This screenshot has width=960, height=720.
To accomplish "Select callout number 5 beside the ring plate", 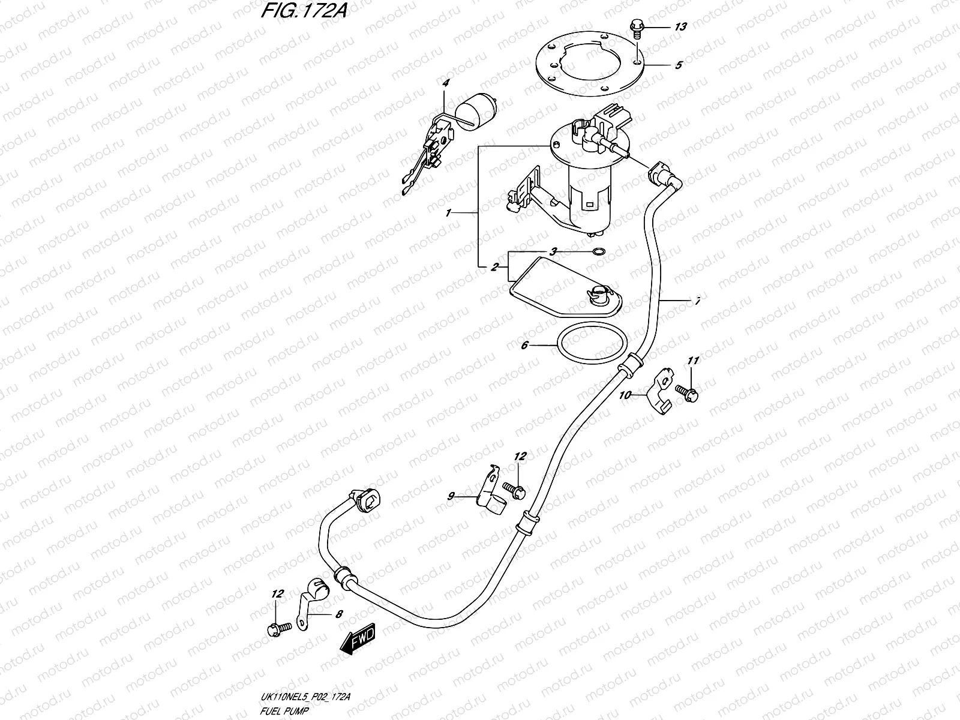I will (x=678, y=65).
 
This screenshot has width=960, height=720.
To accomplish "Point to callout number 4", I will (x=445, y=83).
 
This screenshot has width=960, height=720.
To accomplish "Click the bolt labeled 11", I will (x=687, y=391).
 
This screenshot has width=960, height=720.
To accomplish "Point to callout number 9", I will (x=451, y=496).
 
